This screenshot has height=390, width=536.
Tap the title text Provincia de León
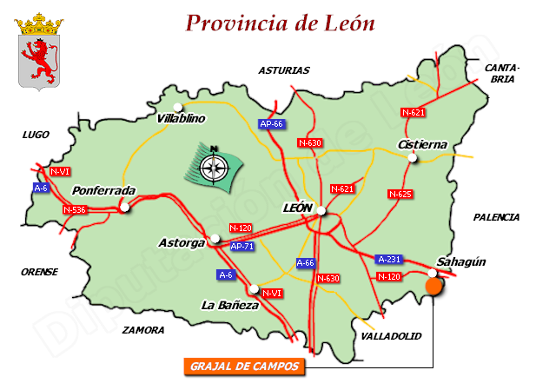(281, 23)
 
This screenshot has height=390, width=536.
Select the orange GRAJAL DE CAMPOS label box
(244, 367)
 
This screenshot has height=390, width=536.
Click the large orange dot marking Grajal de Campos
(433, 287)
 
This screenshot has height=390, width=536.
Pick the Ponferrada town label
(103, 190)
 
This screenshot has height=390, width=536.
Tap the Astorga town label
(182, 242)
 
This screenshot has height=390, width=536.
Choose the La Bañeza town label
(230, 305)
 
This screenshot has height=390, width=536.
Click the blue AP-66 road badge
(272, 124)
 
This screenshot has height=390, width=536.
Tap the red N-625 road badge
(400, 194)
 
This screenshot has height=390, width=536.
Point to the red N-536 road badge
(76, 209)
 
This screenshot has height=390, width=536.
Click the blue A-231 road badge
(388, 259)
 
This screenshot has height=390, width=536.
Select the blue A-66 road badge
(306, 262)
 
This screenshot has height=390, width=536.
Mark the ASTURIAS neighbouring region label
(283, 70)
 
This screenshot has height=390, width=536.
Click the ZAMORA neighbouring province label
(143, 330)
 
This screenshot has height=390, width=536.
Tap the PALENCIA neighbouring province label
(496, 217)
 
